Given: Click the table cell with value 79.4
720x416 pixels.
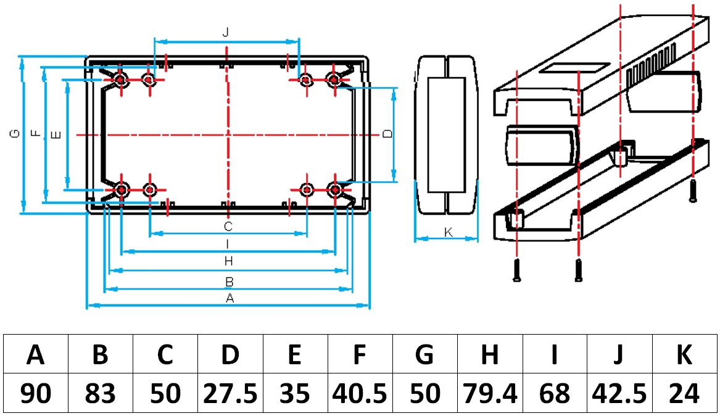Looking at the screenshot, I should point(490,393).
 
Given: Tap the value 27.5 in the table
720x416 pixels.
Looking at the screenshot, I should point(231,393).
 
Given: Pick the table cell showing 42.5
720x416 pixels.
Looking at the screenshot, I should point(619,393).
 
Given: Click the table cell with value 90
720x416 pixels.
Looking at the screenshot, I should point(36,393).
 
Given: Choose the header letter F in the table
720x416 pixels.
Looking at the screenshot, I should point(360,354).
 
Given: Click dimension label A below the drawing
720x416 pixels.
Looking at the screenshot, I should point(230,298).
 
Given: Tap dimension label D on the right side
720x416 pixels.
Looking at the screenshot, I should point(387,134).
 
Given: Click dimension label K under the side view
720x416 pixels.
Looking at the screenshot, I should point(449,232).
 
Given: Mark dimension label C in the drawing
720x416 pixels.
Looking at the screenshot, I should point(228,226).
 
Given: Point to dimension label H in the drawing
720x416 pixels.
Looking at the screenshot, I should point(228,262).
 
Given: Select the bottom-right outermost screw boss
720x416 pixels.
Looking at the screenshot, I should point(334,190).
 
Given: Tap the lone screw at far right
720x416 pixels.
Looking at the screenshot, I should point(693,190).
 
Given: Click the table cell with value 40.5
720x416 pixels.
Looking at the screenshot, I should point(360,393).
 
